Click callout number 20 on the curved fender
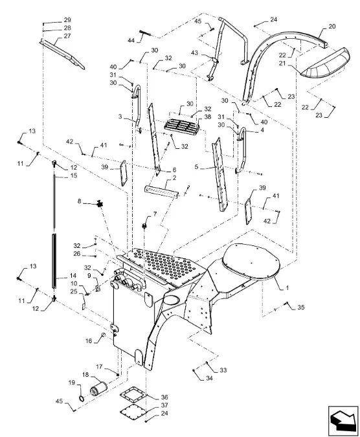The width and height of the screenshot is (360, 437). tap(332, 27)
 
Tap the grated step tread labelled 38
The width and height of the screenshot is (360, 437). tap(184, 126)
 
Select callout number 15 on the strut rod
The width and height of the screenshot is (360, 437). tap(54, 175)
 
